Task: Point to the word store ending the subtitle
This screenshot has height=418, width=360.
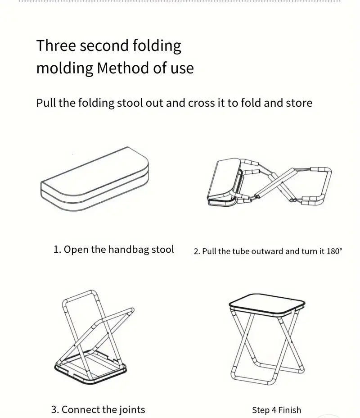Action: tap(298, 103)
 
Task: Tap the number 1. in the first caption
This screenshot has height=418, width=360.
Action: tap(57, 250)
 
